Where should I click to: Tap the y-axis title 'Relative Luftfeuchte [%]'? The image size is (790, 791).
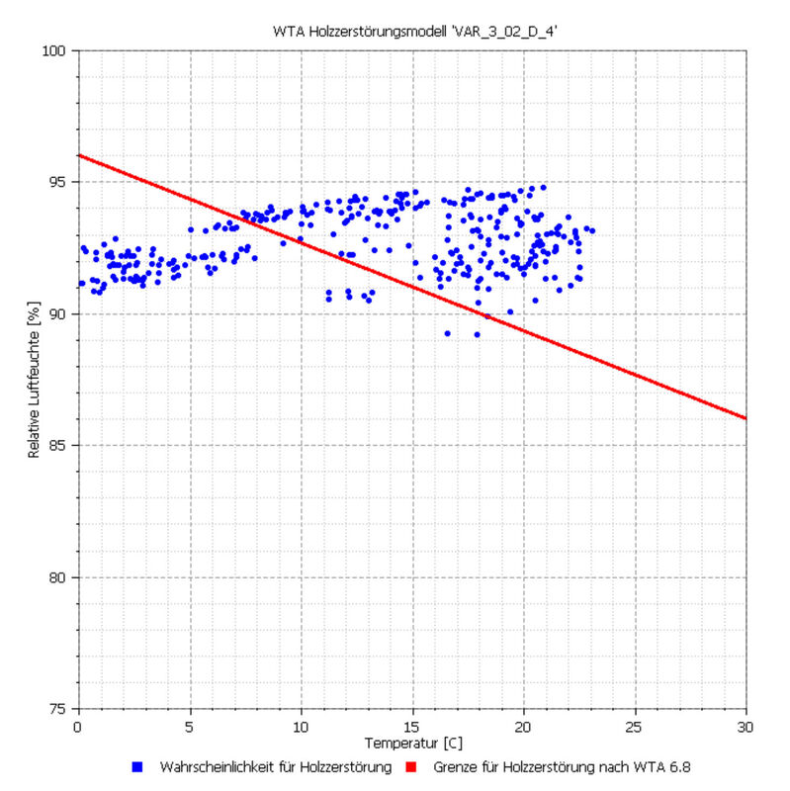(x=34, y=380)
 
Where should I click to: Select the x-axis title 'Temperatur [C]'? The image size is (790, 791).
(x=412, y=742)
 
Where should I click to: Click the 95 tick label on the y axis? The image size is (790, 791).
(x=60, y=182)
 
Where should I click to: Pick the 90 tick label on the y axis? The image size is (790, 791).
(x=60, y=313)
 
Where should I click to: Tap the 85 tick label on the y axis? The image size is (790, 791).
(x=60, y=445)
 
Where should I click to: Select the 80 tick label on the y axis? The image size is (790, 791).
(x=60, y=577)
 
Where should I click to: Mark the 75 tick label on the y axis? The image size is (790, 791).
(x=60, y=709)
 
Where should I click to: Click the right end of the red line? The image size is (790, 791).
(x=746, y=418)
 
